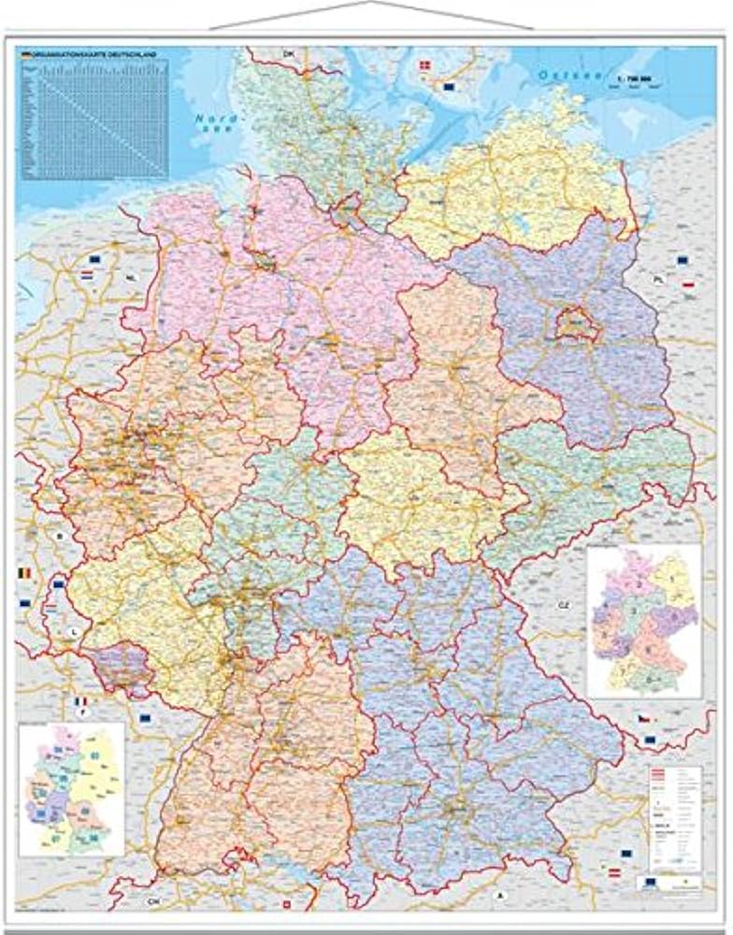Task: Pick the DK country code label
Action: tap(289, 55)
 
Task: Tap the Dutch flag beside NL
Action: tap(87, 278)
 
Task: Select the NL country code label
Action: tap(131, 278)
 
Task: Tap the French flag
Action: tap(81, 701)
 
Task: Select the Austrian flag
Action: tap(614, 871)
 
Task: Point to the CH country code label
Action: tap(153, 901)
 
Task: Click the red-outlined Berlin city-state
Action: tap(572, 324)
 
